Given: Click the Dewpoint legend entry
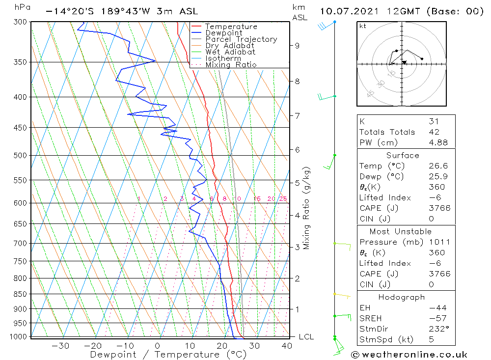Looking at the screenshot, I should tap(223, 33).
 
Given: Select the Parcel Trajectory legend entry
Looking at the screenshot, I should tap(241, 39).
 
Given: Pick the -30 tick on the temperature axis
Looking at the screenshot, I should tap(60, 346).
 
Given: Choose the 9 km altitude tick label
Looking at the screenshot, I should tap(297, 46).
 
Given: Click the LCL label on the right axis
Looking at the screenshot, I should tap(306, 337).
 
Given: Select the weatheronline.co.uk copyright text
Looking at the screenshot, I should tap(409, 355).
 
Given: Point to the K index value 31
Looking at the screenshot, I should tap(434, 121).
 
